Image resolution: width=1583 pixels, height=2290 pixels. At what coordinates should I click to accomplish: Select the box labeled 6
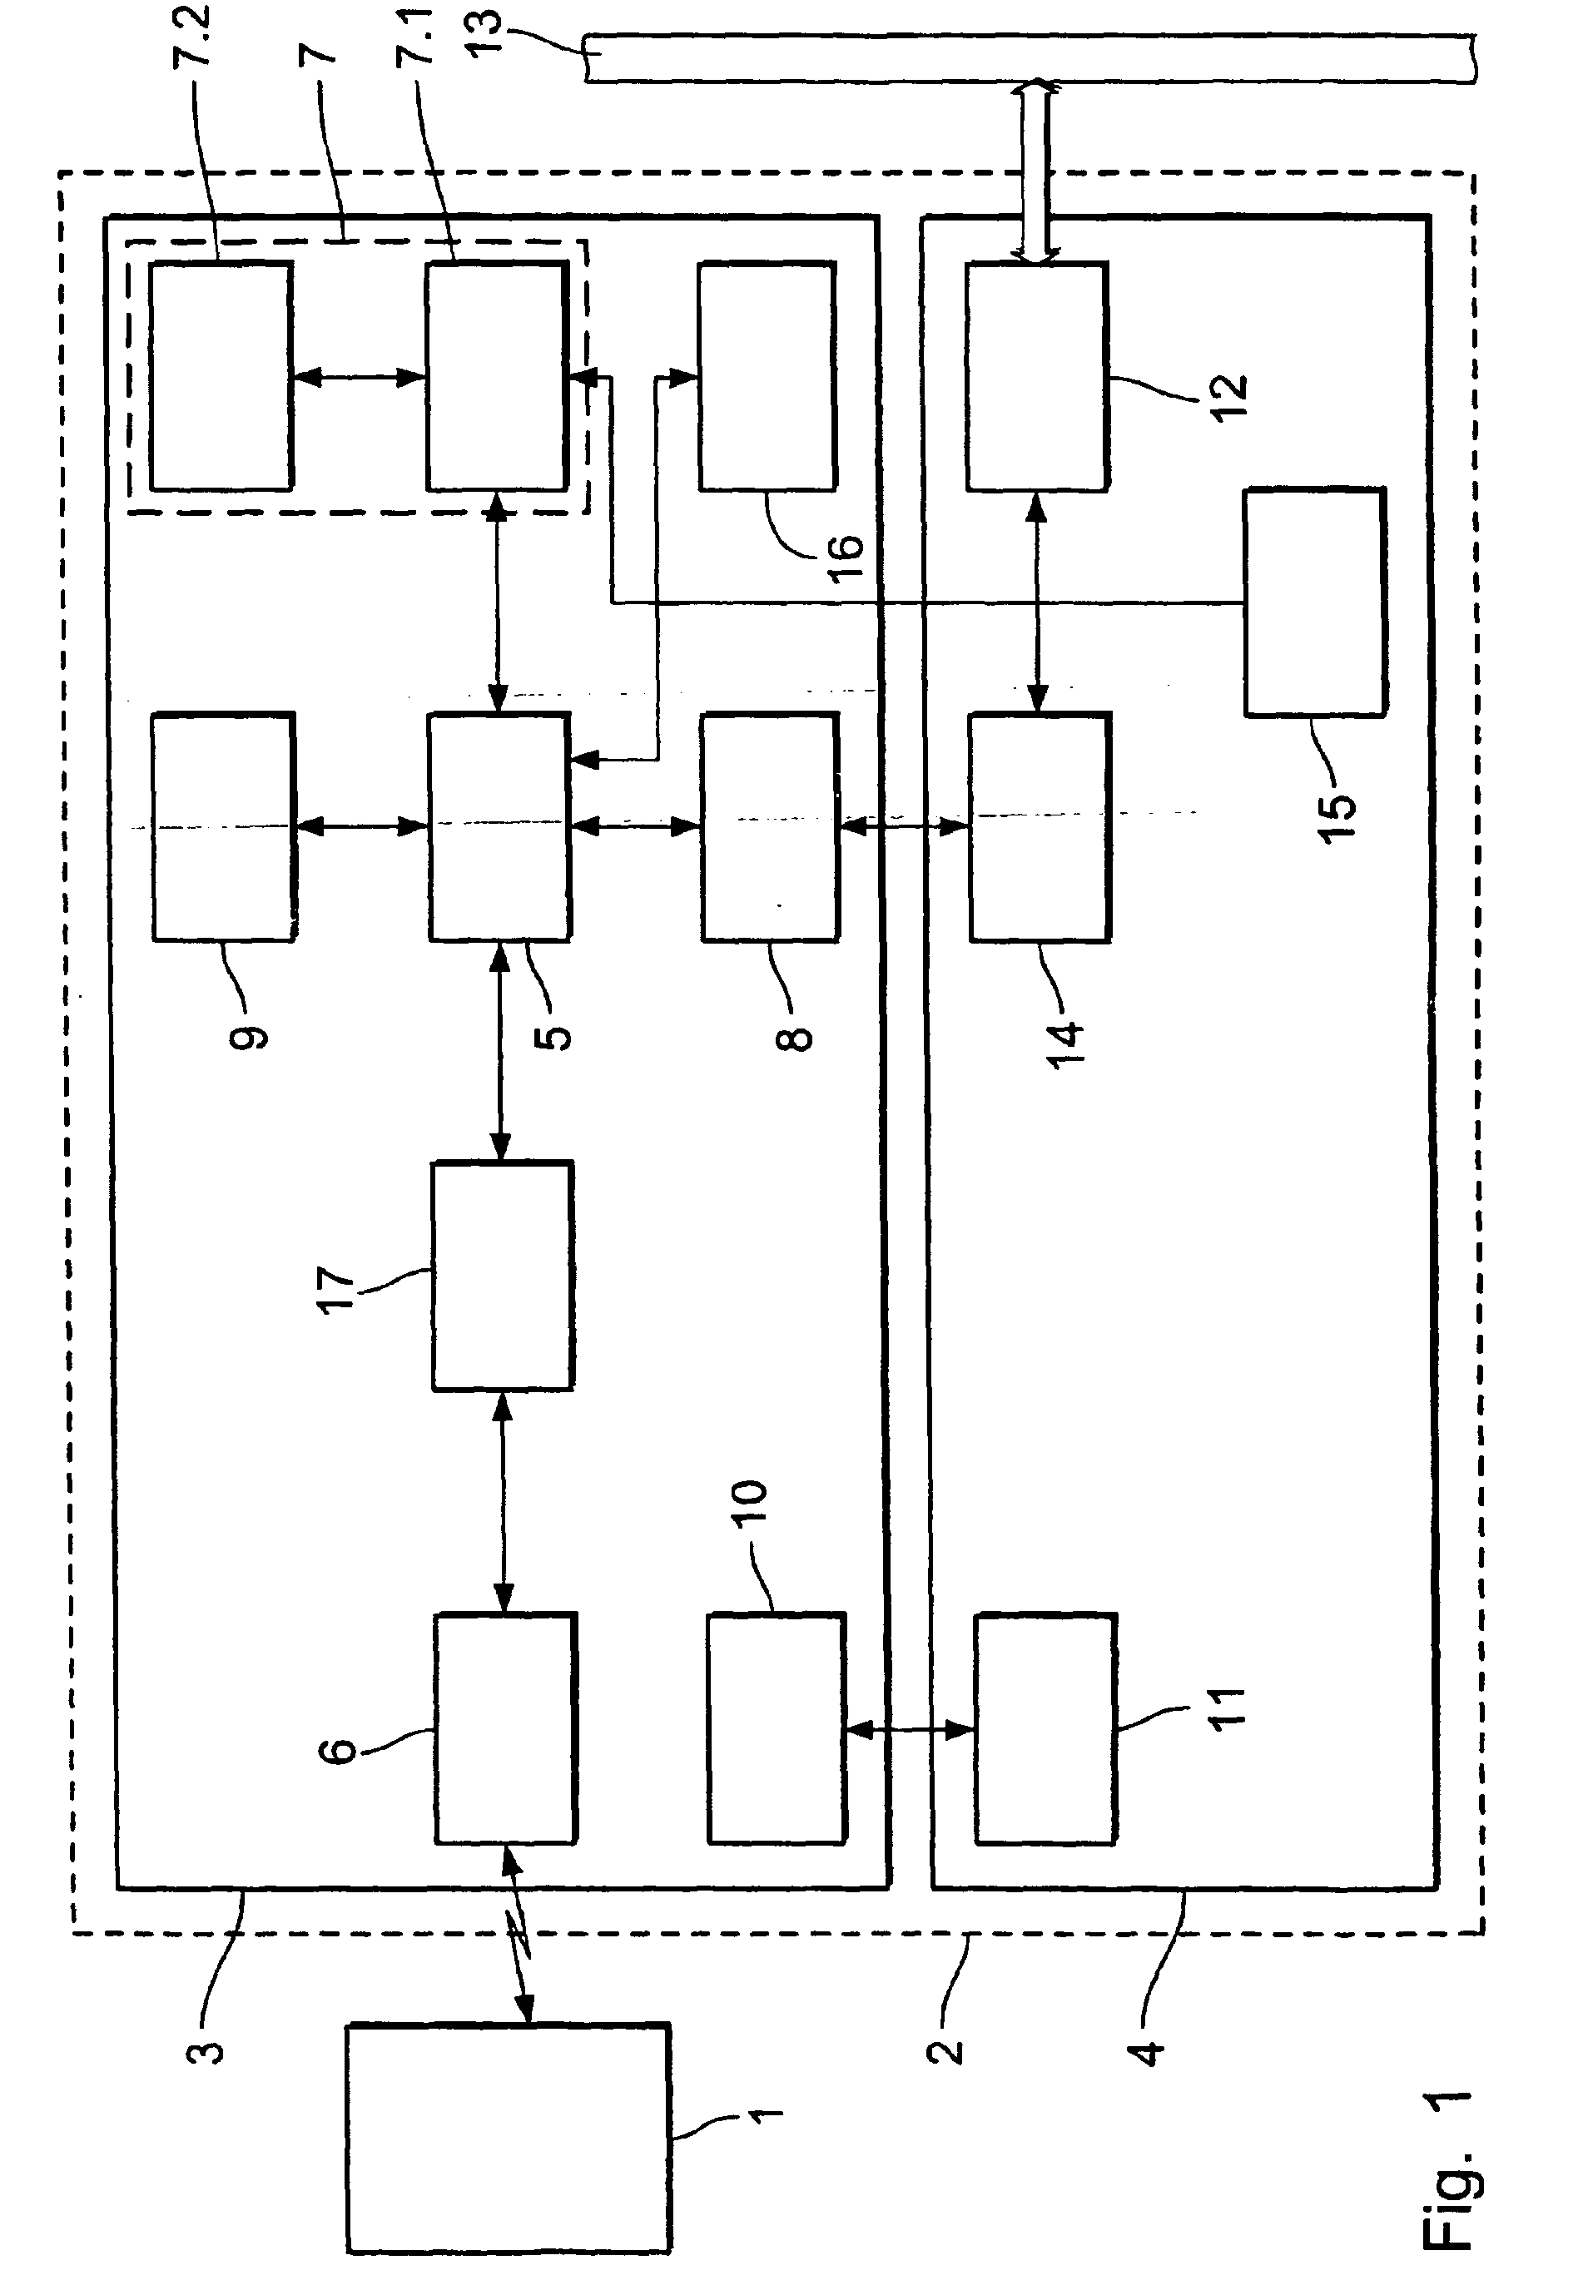(x=506, y=1727)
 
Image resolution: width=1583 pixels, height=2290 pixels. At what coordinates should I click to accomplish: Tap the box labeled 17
(x=503, y=1276)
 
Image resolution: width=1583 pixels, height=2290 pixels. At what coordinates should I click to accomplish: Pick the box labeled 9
(x=224, y=826)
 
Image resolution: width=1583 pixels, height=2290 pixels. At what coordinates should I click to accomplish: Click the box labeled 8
(x=770, y=826)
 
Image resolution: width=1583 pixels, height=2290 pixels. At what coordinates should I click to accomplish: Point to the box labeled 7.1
(x=498, y=376)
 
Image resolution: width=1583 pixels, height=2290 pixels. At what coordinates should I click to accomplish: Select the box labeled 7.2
(x=221, y=376)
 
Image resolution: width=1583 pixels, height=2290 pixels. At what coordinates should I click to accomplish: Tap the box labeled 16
(x=767, y=376)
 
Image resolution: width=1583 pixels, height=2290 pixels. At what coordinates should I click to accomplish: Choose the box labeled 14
(x=1040, y=826)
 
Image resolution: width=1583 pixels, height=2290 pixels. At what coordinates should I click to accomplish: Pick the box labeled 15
(x=1315, y=601)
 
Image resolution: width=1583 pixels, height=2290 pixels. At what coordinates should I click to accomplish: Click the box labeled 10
(x=777, y=1727)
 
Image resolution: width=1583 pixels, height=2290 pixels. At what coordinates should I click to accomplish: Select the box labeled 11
(x=1045, y=1727)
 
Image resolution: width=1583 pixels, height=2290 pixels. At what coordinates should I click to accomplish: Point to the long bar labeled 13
(x=1030, y=58)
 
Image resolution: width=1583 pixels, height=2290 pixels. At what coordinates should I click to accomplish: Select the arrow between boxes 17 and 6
(x=504, y=1503)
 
